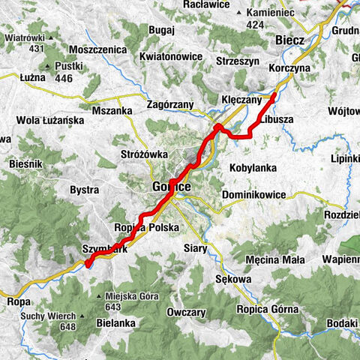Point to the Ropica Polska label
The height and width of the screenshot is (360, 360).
146,226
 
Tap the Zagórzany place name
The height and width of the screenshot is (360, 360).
170,105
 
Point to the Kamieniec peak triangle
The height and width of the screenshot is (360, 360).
238,13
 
